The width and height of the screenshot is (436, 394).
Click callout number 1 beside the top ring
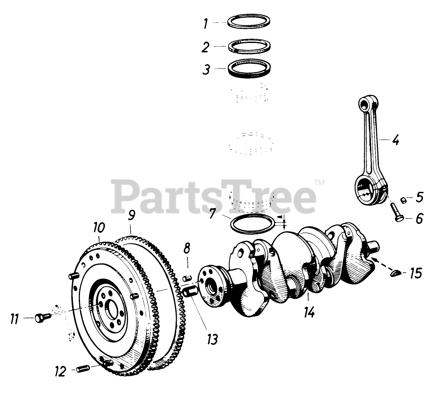point(206,23)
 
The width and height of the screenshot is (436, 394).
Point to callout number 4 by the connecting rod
point(396,140)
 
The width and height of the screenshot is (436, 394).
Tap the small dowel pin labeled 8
point(186,278)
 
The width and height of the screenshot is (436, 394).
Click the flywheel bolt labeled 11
point(42,317)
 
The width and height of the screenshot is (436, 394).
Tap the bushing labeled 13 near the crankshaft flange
point(190,292)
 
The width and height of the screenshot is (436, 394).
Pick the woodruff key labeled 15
point(396,274)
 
